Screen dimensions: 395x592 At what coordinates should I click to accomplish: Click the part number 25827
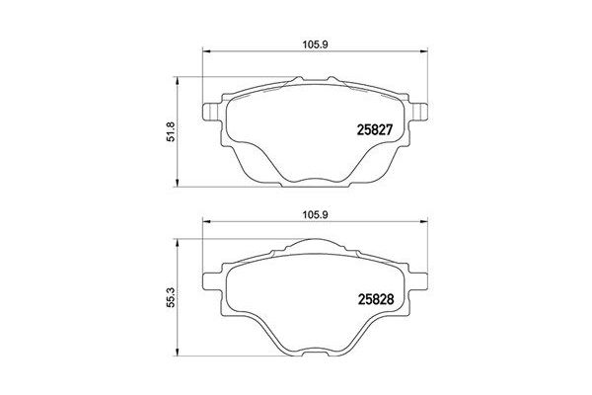coord(374,128)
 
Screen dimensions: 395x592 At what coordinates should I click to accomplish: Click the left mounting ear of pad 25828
coord(209,277)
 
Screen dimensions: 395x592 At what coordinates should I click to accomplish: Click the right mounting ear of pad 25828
coord(420,277)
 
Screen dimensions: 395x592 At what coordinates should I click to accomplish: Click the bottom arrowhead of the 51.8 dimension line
coord(179,183)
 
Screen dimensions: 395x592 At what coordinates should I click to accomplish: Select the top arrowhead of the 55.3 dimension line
coord(179,241)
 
